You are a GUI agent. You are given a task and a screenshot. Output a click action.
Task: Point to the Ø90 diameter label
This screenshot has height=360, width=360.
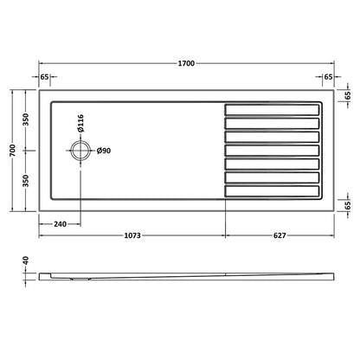pyautogui.click(x=103, y=151)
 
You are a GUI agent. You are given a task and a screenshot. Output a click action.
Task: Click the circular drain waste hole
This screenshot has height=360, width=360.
pyautogui.click(x=80, y=151)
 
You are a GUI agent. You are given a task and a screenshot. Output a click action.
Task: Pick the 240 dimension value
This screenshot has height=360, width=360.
pyautogui.click(x=60, y=225)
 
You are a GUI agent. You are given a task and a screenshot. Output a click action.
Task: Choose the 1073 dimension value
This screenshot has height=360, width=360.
pyautogui.click(x=132, y=236)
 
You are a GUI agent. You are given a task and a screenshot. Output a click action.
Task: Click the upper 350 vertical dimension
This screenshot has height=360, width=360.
pyautogui.click(x=27, y=119)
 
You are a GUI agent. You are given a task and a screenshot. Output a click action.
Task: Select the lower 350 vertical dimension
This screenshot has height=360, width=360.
pyautogui.click(x=27, y=180)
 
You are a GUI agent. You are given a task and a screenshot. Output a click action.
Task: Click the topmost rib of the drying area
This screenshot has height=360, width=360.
pyautogui.click(x=272, y=109)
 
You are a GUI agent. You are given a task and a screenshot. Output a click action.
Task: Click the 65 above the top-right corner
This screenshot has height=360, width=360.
pyautogui.click(x=328, y=77)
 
